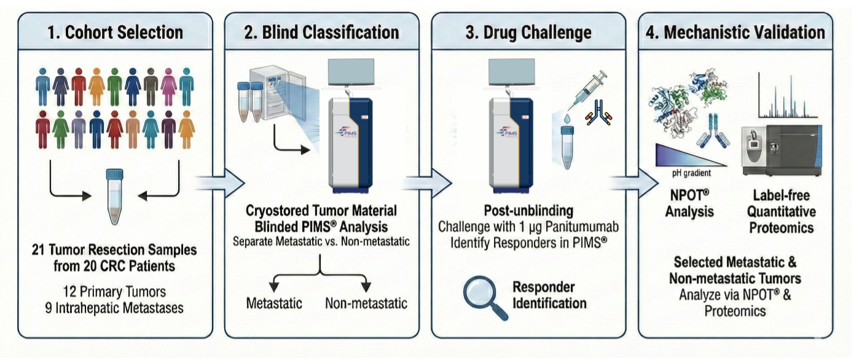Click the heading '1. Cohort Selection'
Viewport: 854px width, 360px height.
pos(116,32)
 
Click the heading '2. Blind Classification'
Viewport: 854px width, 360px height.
pos(321,32)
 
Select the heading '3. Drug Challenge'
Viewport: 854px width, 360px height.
pos(528,32)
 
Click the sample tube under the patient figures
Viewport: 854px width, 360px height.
pos(115,197)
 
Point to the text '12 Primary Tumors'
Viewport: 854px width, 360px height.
pos(115,291)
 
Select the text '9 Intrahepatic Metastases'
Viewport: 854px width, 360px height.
pos(115,307)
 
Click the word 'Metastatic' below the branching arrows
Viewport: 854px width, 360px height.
pos(275,303)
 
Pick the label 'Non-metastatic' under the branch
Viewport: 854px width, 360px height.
pos(366,303)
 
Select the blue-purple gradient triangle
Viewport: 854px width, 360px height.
pos(682,154)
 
